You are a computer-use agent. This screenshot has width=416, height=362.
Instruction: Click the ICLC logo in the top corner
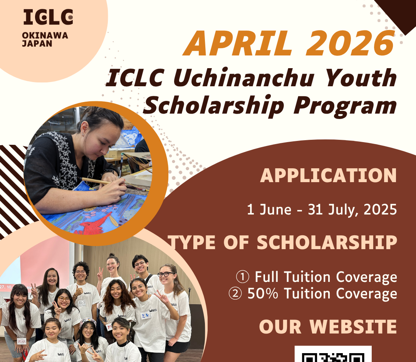pyautogui.click(x=48, y=17)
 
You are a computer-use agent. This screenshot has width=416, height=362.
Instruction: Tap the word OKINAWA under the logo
pyautogui.click(x=45, y=35)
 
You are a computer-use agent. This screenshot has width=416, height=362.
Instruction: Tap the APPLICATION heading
pyautogui.click(x=329, y=176)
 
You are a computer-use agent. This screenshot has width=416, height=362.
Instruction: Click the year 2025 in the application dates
pyautogui.click(x=380, y=209)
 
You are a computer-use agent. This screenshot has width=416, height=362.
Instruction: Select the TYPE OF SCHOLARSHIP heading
pyautogui.click(x=282, y=242)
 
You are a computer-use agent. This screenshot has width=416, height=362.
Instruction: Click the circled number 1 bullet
pyautogui.click(x=243, y=277)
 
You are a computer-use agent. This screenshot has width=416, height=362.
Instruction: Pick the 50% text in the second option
pyautogui.click(x=263, y=293)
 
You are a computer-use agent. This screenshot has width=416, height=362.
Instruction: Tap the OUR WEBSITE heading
pyautogui.click(x=328, y=327)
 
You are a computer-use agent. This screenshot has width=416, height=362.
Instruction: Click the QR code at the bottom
pyautogui.click(x=333, y=354)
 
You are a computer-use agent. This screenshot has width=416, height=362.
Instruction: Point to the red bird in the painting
pyautogui.click(x=95, y=225)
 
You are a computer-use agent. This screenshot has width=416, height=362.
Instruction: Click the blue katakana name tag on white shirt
pyautogui.click(x=145, y=315)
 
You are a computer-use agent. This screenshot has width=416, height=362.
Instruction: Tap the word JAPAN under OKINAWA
pyautogui.click(x=37, y=44)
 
